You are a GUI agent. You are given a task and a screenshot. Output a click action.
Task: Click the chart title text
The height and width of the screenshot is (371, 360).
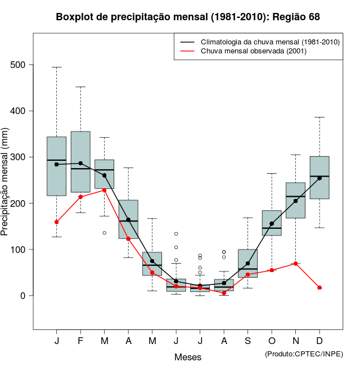pos(188,17)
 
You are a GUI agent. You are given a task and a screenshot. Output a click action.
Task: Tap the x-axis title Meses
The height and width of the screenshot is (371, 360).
pos(188,357)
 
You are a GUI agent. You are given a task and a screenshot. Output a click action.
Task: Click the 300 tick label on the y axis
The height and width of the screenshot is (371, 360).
pos(19,157)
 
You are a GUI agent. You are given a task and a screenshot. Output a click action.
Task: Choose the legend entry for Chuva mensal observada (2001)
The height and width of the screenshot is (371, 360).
pos(258,51)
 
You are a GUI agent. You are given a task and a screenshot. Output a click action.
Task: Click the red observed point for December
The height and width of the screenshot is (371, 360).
pos(319,288)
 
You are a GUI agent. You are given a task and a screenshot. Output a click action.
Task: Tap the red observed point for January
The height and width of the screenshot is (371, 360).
pos(57,222)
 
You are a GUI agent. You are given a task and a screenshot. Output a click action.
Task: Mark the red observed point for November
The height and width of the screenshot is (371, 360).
pos(296,264)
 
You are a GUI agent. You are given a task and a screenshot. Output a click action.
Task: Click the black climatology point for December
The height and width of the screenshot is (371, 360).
pos(319,178)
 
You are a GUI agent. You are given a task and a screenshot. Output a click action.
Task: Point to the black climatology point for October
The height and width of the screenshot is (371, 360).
pos(272,224)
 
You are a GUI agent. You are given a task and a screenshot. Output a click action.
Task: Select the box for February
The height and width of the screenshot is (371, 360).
pos(80,162)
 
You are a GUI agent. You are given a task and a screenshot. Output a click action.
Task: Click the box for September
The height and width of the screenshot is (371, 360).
pos(248,263)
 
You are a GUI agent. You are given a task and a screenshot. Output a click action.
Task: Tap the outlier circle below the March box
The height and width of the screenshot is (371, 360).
pos(105,233)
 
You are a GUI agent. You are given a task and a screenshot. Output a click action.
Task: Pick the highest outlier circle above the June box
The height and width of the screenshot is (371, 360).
pos(176,234)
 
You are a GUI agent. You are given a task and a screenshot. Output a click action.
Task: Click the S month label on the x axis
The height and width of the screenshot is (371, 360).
pos(248,341)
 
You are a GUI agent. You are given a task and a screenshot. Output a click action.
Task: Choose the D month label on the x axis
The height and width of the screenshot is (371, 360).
pos(319,341)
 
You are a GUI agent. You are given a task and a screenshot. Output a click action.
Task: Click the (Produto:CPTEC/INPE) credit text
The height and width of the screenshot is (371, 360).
pos(304,354)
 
